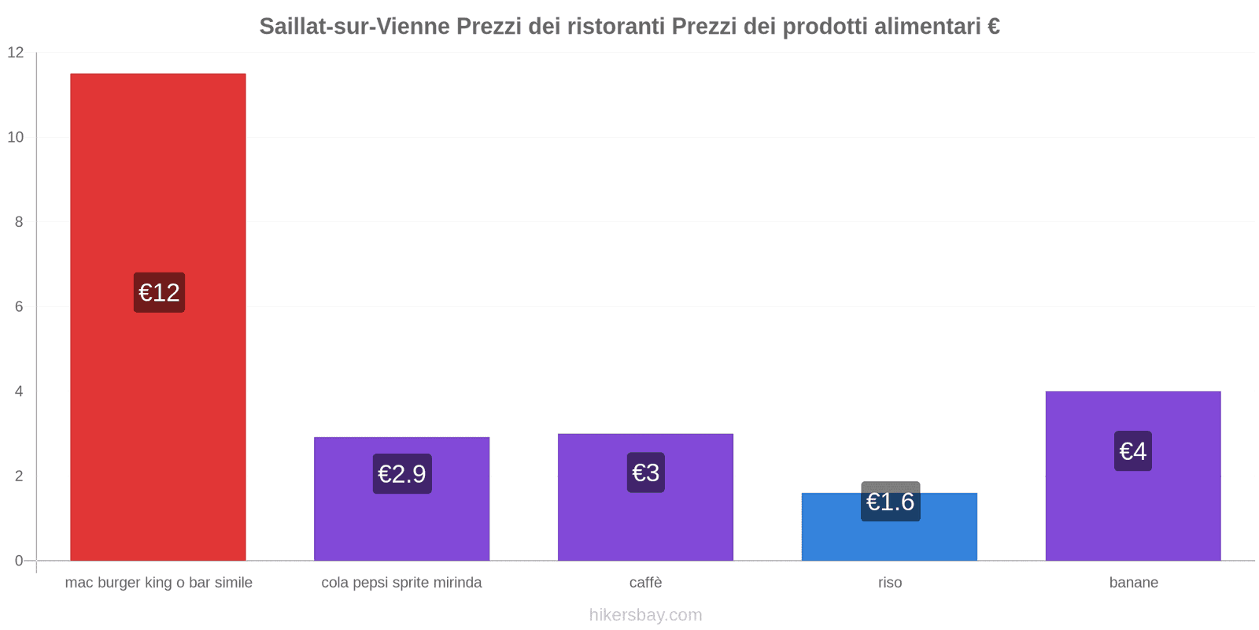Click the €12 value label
click(159, 293)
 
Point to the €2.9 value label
click(402, 474)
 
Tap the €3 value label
click(646, 472)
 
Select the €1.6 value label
click(890, 502)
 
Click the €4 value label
click(1133, 451)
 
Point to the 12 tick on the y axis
click(16, 53)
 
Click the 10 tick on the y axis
click(16, 137)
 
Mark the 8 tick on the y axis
click(19, 222)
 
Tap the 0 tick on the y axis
click(19, 561)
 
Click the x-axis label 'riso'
click(890, 583)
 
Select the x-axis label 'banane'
click(1133, 583)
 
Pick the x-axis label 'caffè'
click(646, 583)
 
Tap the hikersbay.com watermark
click(645, 615)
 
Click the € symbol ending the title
click(993, 27)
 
